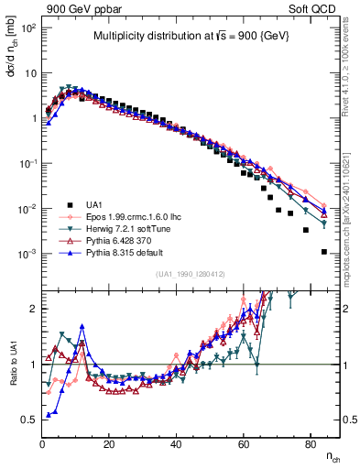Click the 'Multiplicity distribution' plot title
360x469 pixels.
pyautogui.click(x=190, y=37)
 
